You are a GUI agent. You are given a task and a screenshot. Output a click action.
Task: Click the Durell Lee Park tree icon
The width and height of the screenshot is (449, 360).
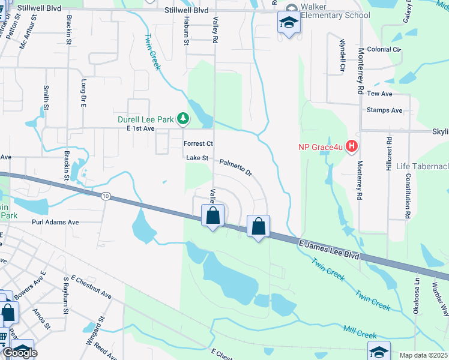click(182, 119)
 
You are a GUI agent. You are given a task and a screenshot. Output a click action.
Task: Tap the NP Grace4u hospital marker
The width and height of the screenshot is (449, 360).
click(352, 146)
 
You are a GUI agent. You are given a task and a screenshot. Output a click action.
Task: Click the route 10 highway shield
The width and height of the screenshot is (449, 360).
click(106, 196)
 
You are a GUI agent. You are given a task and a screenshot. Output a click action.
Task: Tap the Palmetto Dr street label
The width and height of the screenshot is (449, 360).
click(235, 166)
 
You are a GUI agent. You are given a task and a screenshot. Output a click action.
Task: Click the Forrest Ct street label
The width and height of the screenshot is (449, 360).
click(198, 144)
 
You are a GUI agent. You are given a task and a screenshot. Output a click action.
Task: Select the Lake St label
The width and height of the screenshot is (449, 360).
click(196, 158)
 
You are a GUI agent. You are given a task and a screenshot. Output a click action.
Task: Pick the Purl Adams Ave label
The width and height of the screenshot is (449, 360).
click(55, 222)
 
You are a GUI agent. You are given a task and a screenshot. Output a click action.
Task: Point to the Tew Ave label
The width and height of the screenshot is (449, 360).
click(379, 94)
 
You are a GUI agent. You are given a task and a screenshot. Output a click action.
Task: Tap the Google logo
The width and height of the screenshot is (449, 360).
click(20, 353)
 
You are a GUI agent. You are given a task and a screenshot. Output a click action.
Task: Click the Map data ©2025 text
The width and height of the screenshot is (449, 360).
click(423, 355)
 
